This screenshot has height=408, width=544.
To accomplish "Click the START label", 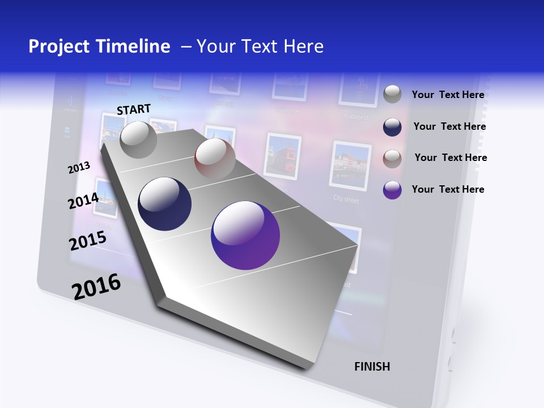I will tap(134, 109).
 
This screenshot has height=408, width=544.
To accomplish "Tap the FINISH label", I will tap(372, 367).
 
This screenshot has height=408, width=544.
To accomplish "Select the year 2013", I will tap(79, 168).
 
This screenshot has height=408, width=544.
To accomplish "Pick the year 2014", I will tap(83, 201).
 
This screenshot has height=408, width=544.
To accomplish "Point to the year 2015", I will tap(88, 241).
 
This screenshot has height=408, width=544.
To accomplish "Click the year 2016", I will tap(96, 286).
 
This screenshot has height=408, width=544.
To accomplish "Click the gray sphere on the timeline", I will tap(138, 139).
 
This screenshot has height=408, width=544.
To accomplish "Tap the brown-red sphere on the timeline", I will tap(215, 158).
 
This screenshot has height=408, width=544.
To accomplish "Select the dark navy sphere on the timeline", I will tap(164, 204).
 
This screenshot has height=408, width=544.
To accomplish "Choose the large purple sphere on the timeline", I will tap(245, 235).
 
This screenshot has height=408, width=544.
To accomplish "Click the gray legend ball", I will tap(392, 94).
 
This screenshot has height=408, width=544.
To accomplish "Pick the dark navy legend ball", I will tap(392, 127).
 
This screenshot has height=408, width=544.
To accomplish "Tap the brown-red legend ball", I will tap(392, 159).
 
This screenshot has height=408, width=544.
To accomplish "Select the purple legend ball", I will tap(392, 190).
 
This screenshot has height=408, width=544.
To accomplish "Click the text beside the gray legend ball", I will tap(448, 95).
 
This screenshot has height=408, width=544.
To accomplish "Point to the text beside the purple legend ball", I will tap(448, 189).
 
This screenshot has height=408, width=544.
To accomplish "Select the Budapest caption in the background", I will tap(356, 117).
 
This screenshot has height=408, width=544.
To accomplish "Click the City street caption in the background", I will tap(346, 199).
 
